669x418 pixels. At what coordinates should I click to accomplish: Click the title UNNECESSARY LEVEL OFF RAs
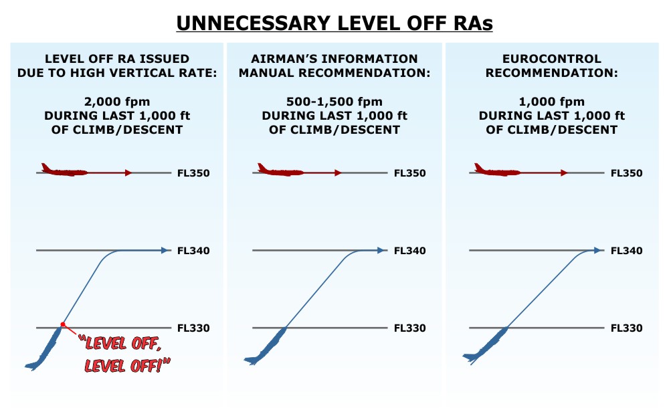[x=334, y=23]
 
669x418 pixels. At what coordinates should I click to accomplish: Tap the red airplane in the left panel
[x=64, y=171]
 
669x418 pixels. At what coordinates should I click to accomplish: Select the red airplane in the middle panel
[x=280, y=171]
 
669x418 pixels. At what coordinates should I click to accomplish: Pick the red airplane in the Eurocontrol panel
[x=497, y=171]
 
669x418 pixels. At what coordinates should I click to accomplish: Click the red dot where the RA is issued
[x=63, y=325]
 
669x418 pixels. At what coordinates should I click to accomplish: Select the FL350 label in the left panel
[x=194, y=173]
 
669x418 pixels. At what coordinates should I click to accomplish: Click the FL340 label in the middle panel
[x=410, y=251]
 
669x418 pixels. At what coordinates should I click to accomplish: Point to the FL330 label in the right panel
[x=627, y=328]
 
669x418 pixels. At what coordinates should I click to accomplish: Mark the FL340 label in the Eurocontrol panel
[x=627, y=251]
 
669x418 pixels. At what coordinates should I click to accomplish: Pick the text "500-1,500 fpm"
[x=334, y=102]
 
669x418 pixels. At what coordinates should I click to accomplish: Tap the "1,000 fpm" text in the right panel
[x=551, y=102]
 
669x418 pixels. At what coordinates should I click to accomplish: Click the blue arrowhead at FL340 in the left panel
[x=165, y=251]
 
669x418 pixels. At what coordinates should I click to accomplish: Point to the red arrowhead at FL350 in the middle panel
[x=338, y=173]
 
